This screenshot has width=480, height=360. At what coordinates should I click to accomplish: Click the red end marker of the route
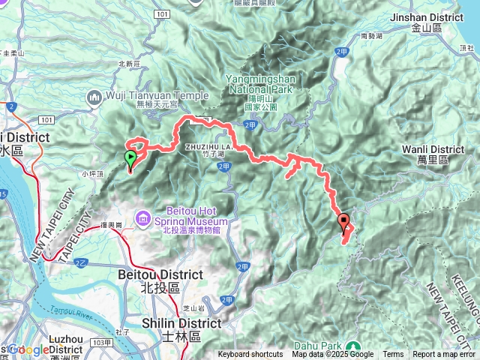click(344, 221)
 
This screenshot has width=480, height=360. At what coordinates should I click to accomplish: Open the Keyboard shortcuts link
click(251, 355)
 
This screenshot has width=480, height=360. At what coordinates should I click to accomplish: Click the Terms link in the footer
click(393, 355)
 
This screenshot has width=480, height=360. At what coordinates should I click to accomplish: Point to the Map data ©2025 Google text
click(332, 355)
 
